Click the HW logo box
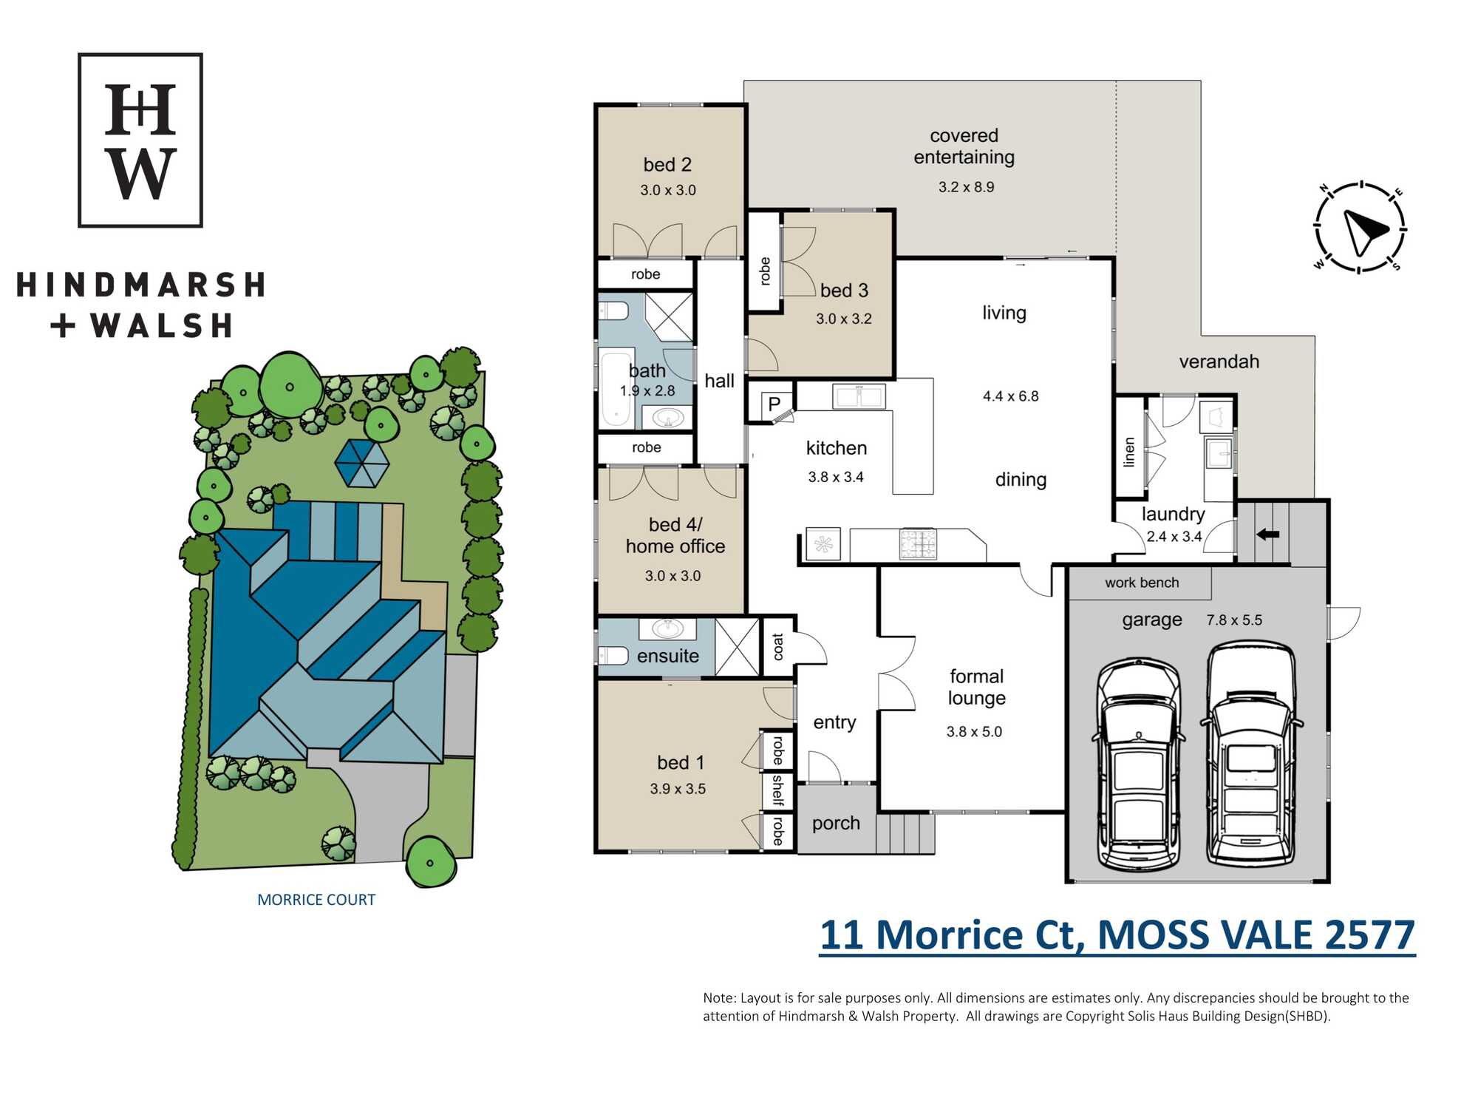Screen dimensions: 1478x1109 click(x=140, y=140)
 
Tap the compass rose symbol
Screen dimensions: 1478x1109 click(x=1360, y=228)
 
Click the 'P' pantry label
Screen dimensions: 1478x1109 click(x=774, y=404)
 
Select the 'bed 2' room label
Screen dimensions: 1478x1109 click(x=667, y=165)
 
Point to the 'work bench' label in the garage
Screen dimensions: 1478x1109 click(x=1142, y=583)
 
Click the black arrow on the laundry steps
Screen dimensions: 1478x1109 click(x=1268, y=534)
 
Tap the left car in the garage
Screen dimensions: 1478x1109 click(x=1139, y=764)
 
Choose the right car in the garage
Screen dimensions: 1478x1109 click(x=1251, y=753)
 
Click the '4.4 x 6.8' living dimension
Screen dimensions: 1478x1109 click(x=1010, y=396)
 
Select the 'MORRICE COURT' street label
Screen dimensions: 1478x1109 click(x=316, y=900)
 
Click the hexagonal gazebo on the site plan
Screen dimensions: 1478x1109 click(x=362, y=464)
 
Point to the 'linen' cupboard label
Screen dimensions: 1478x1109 click(x=1129, y=452)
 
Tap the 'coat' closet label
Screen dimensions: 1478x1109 click(x=778, y=647)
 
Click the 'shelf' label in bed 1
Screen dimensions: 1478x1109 click(x=778, y=790)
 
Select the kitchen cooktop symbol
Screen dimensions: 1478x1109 click(x=918, y=544)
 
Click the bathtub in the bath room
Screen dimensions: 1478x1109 click(x=616, y=390)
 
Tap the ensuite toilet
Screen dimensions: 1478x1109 click(x=613, y=656)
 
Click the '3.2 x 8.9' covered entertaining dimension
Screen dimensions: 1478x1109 click(x=966, y=187)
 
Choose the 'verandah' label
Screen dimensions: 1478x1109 click(x=1219, y=362)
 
